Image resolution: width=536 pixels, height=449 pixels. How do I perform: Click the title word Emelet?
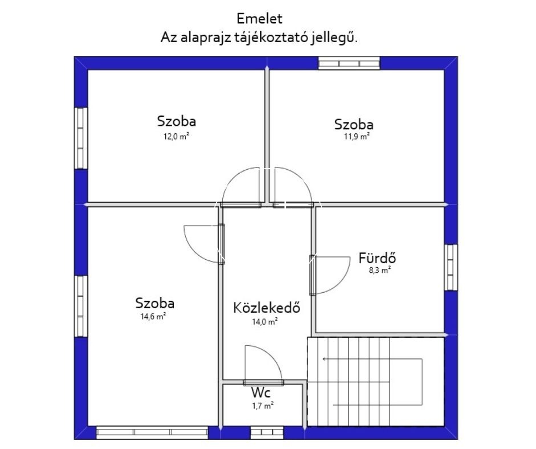[x=259, y=18]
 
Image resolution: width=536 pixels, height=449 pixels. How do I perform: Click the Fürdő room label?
[x=377, y=258]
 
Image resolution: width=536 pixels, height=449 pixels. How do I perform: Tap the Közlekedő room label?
[x=267, y=308]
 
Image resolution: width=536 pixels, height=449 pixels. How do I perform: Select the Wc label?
[x=261, y=393]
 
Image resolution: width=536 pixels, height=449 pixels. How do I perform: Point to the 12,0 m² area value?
[x=176, y=137]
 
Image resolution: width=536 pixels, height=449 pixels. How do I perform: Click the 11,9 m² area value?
[x=356, y=137]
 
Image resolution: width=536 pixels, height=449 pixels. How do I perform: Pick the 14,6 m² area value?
[x=153, y=316]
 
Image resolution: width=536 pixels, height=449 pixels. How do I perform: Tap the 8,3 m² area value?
[x=380, y=270]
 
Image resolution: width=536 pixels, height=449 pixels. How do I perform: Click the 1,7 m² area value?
[x=262, y=406]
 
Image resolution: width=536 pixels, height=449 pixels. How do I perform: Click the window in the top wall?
[x=349, y=63]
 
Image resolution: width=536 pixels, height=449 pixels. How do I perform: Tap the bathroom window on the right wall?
[x=451, y=267]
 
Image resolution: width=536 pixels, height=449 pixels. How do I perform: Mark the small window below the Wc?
[x=267, y=432]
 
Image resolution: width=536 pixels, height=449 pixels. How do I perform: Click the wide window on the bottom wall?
[x=152, y=432]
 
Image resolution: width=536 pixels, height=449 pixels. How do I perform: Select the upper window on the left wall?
[x=81, y=138]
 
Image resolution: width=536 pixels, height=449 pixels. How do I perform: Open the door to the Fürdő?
[x=330, y=275]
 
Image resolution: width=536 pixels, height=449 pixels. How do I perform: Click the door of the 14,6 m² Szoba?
[x=204, y=244]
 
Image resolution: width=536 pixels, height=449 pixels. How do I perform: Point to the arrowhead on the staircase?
[x=324, y=359]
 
